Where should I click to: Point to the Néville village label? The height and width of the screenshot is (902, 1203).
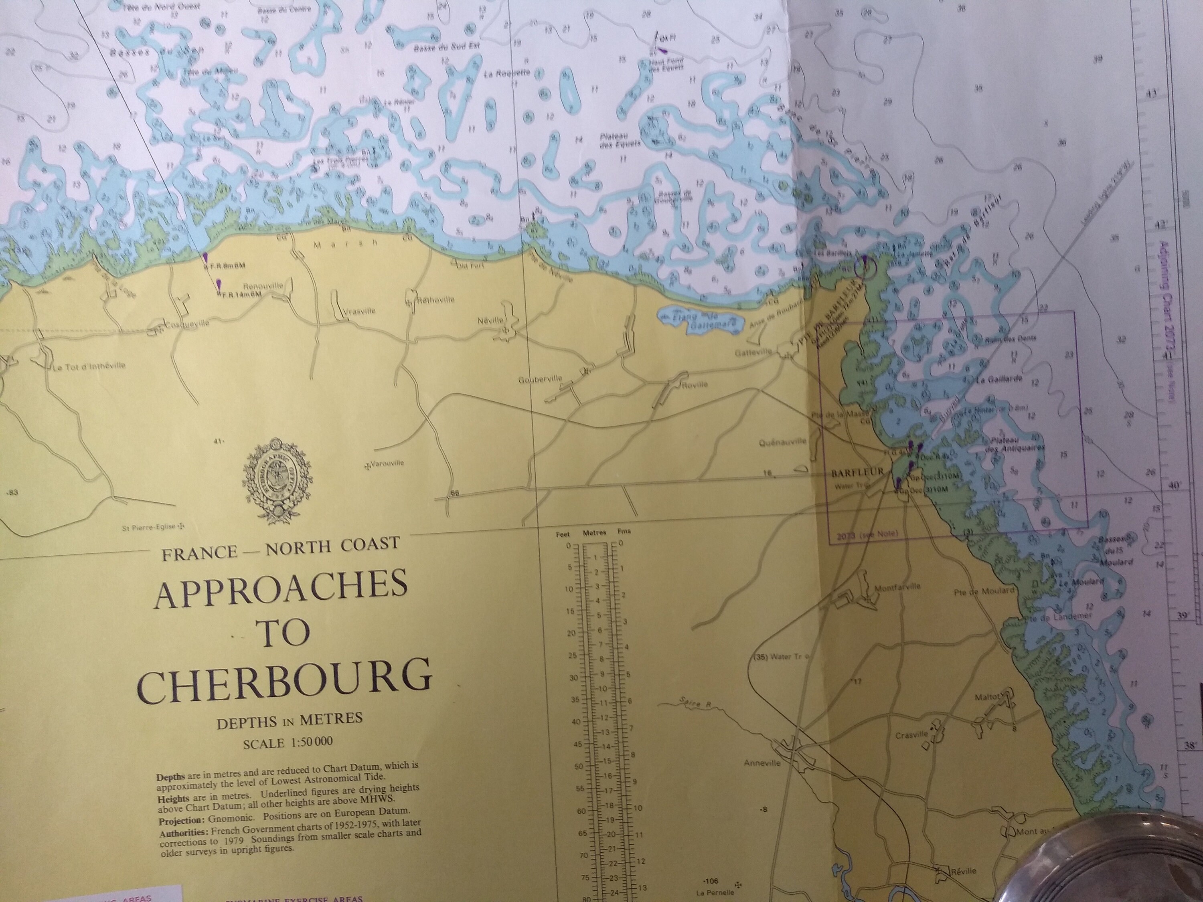490,321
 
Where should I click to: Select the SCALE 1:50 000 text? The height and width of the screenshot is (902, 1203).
288,743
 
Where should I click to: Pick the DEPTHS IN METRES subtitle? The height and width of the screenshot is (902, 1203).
290,720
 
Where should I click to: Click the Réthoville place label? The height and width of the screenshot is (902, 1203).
435,299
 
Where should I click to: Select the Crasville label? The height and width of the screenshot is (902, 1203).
911,735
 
